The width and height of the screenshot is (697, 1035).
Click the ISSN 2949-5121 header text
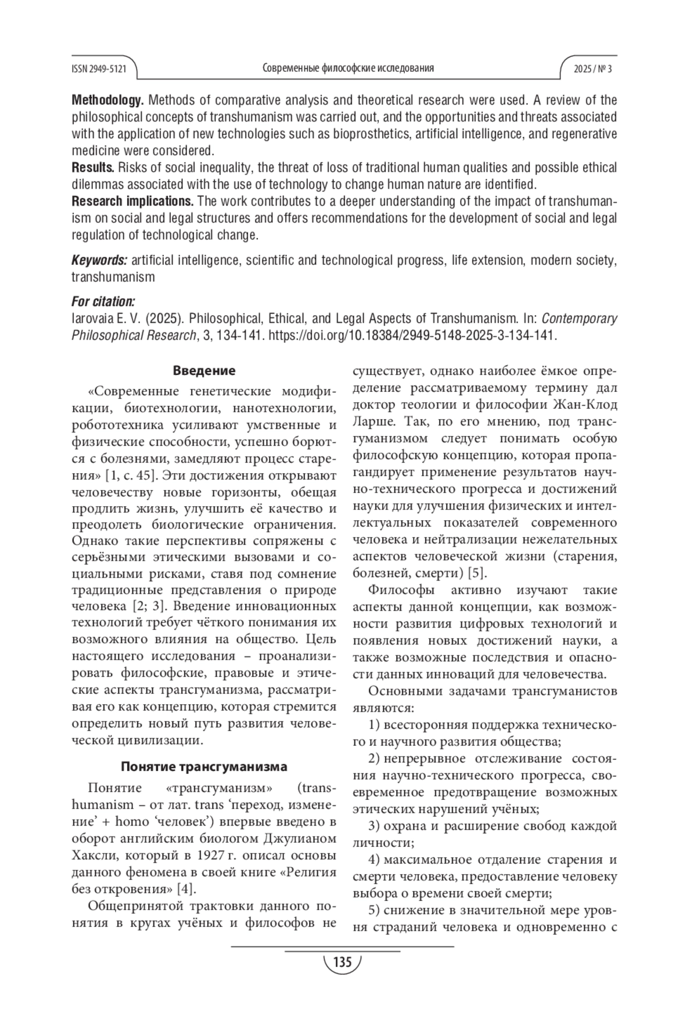pos(99,68)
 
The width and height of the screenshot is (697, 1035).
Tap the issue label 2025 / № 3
pos(592,68)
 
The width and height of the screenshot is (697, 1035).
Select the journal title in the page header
pos(348,68)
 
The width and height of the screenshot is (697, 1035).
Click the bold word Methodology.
pos(107,100)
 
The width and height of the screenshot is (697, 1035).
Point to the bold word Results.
pos(92,168)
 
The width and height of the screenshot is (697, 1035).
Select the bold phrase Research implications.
pos(132,202)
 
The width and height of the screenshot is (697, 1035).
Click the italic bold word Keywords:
pos(99,260)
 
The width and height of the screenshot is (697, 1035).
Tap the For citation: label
pos(103,301)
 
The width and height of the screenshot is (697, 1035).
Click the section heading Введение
pos(204,371)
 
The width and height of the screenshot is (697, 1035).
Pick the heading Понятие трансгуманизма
pos(204,766)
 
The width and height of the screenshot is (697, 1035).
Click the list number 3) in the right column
pos(375,826)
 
